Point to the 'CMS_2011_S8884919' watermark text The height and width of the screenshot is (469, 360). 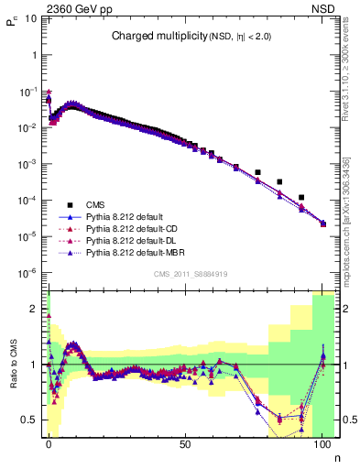pyautogui.click(x=190, y=273)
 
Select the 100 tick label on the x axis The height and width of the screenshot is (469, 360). pyautogui.click(x=322, y=443)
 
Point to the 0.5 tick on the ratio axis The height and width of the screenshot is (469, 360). pyautogui.click(x=31, y=420)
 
